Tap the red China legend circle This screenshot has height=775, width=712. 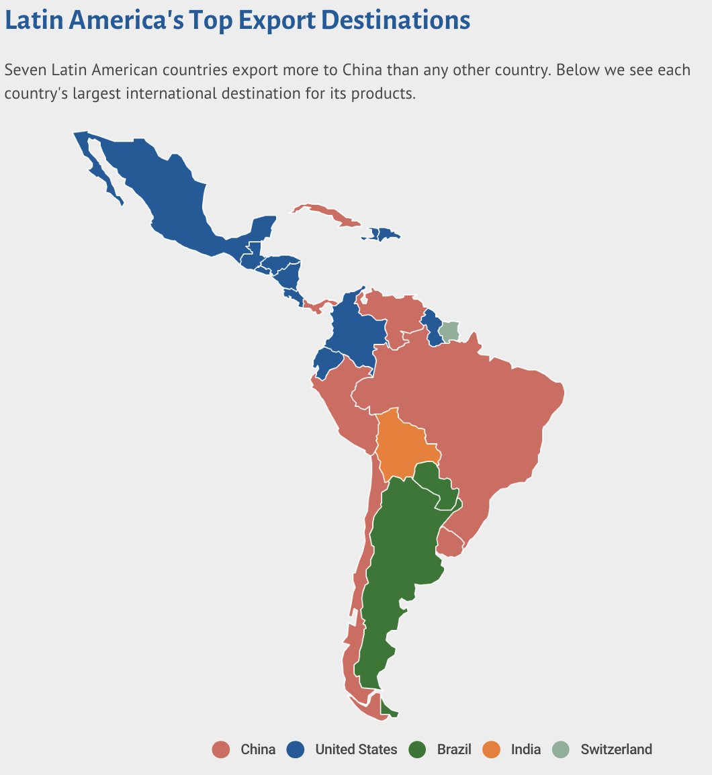tap(220, 749)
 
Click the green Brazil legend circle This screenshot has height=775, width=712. tap(418, 749)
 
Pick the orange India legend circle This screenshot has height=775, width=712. tap(492, 749)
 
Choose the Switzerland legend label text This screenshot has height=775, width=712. tap(616, 749)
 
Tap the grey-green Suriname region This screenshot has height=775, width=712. tap(449, 330)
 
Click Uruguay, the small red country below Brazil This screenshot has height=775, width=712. tap(449, 542)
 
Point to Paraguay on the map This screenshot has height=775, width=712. tap(435, 483)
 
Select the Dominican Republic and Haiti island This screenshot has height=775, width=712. tap(383, 234)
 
